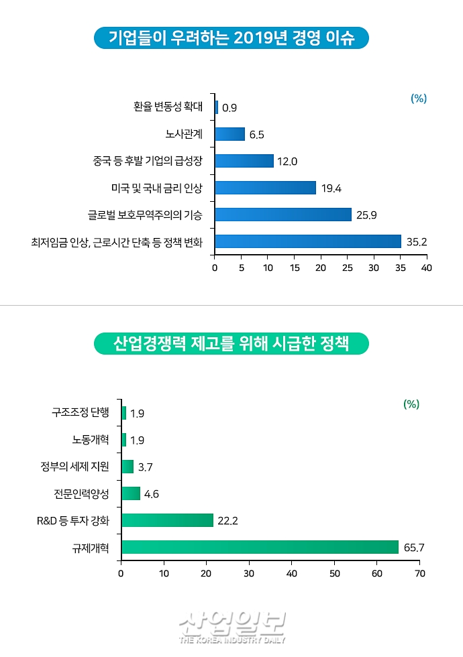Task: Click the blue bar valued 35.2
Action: (307, 241)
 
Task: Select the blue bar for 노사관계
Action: (229, 134)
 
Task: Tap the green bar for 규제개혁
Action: (260, 547)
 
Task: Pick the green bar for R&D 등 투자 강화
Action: (167, 520)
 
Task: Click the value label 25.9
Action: (367, 215)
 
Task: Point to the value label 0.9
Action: (229, 107)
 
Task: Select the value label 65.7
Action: (414, 548)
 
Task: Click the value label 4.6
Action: (152, 494)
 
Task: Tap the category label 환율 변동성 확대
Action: (168, 107)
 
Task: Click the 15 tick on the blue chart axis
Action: (294, 267)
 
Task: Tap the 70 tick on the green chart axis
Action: (420, 573)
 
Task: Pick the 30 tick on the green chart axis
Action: (249, 573)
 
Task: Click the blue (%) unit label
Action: (419, 99)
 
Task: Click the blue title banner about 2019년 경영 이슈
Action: (231, 38)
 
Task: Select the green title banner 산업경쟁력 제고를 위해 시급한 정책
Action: (231, 344)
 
